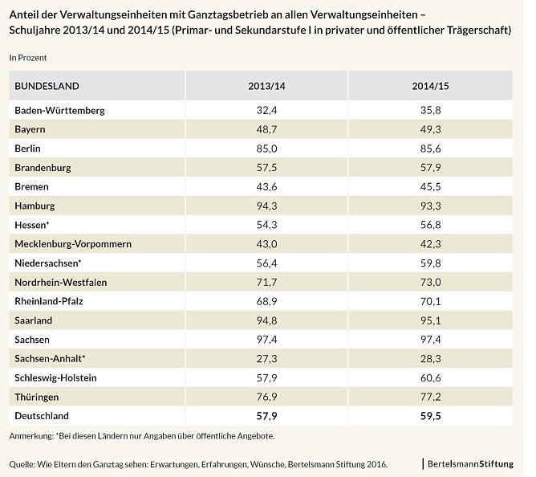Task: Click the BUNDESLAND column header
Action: coord(47,86)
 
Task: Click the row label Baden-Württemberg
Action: coord(60,110)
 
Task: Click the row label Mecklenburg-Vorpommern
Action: coord(73,243)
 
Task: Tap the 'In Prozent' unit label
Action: coord(28,58)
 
